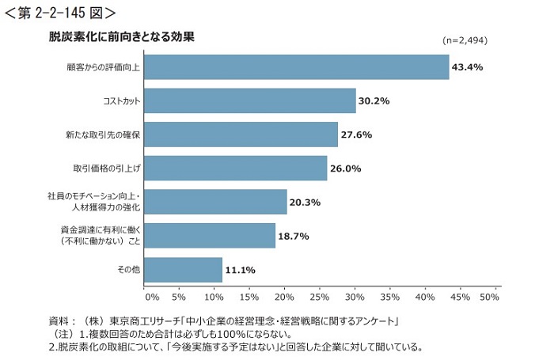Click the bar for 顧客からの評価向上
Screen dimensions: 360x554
(x=296, y=66)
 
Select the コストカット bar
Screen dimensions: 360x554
(x=250, y=100)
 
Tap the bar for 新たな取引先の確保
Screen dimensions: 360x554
(x=241, y=135)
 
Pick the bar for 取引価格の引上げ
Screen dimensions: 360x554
(x=235, y=168)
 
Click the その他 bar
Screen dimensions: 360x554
(x=183, y=270)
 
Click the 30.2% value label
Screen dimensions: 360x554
(x=374, y=100)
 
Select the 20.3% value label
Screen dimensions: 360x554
(x=305, y=202)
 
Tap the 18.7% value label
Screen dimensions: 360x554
(x=293, y=236)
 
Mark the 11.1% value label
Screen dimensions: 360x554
(x=240, y=270)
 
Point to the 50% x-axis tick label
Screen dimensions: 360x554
(x=490, y=297)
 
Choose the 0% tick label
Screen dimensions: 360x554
(x=153, y=297)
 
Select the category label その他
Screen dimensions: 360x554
(x=128, y=270)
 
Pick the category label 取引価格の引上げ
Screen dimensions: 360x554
(x=106, y=168)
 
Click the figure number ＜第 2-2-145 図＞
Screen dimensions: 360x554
(x=59, y=12)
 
